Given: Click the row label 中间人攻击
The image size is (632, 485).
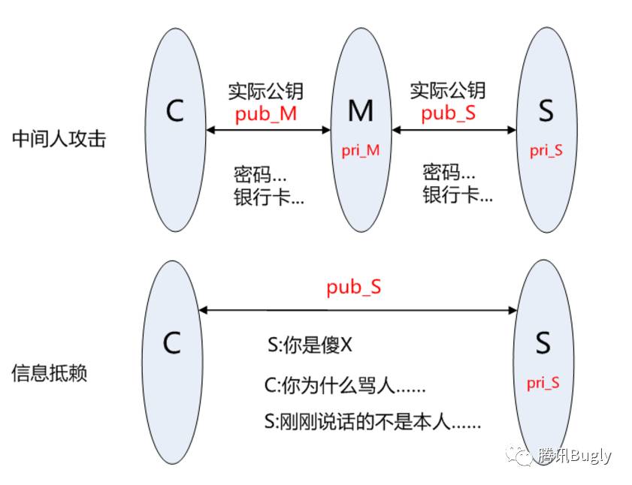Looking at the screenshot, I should point(59,139).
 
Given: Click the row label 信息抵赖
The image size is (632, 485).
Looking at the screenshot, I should point(50,373).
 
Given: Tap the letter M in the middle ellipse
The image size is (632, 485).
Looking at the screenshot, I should point(361,111).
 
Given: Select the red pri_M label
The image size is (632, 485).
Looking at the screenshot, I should point(361,150).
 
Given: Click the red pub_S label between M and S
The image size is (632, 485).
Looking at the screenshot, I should point(449,114).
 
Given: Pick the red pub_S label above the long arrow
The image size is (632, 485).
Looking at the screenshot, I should point(353,288).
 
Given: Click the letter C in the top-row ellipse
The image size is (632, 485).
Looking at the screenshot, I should point(174,111).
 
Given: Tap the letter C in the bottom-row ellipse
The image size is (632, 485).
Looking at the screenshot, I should point(172,343).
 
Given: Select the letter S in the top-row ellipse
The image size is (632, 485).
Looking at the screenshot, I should point(546,111).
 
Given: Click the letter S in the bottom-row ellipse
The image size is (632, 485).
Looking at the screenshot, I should point(543,343).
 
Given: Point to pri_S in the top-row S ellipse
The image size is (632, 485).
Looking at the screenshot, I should point(546,150).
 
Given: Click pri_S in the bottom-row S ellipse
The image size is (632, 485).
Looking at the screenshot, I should point(543,383).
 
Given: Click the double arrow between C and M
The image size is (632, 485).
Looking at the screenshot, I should point(268,130).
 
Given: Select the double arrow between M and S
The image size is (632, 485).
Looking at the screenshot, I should point(454,130).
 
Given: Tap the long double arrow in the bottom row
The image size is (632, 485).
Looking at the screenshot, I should point(358,310).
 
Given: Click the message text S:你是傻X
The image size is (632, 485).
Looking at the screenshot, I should point(310,346).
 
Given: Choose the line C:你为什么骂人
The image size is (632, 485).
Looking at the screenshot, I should point(344,387).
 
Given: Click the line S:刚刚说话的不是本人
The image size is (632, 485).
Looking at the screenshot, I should point(373,421).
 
